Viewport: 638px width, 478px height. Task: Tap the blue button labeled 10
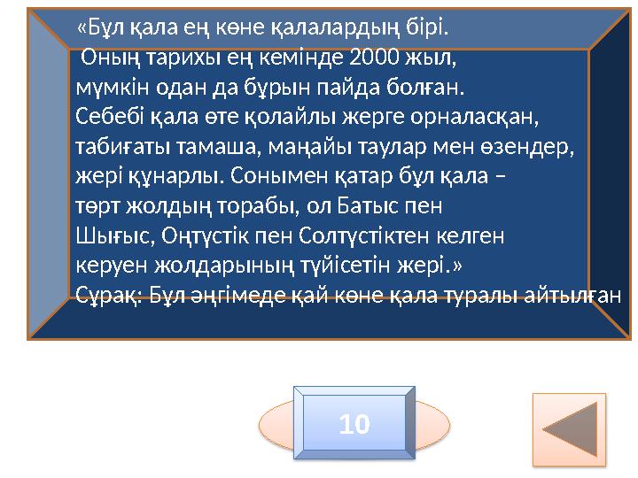[354, 425]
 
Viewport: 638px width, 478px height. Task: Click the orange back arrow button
[569, 429]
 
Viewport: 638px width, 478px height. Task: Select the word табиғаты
[114, 147]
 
